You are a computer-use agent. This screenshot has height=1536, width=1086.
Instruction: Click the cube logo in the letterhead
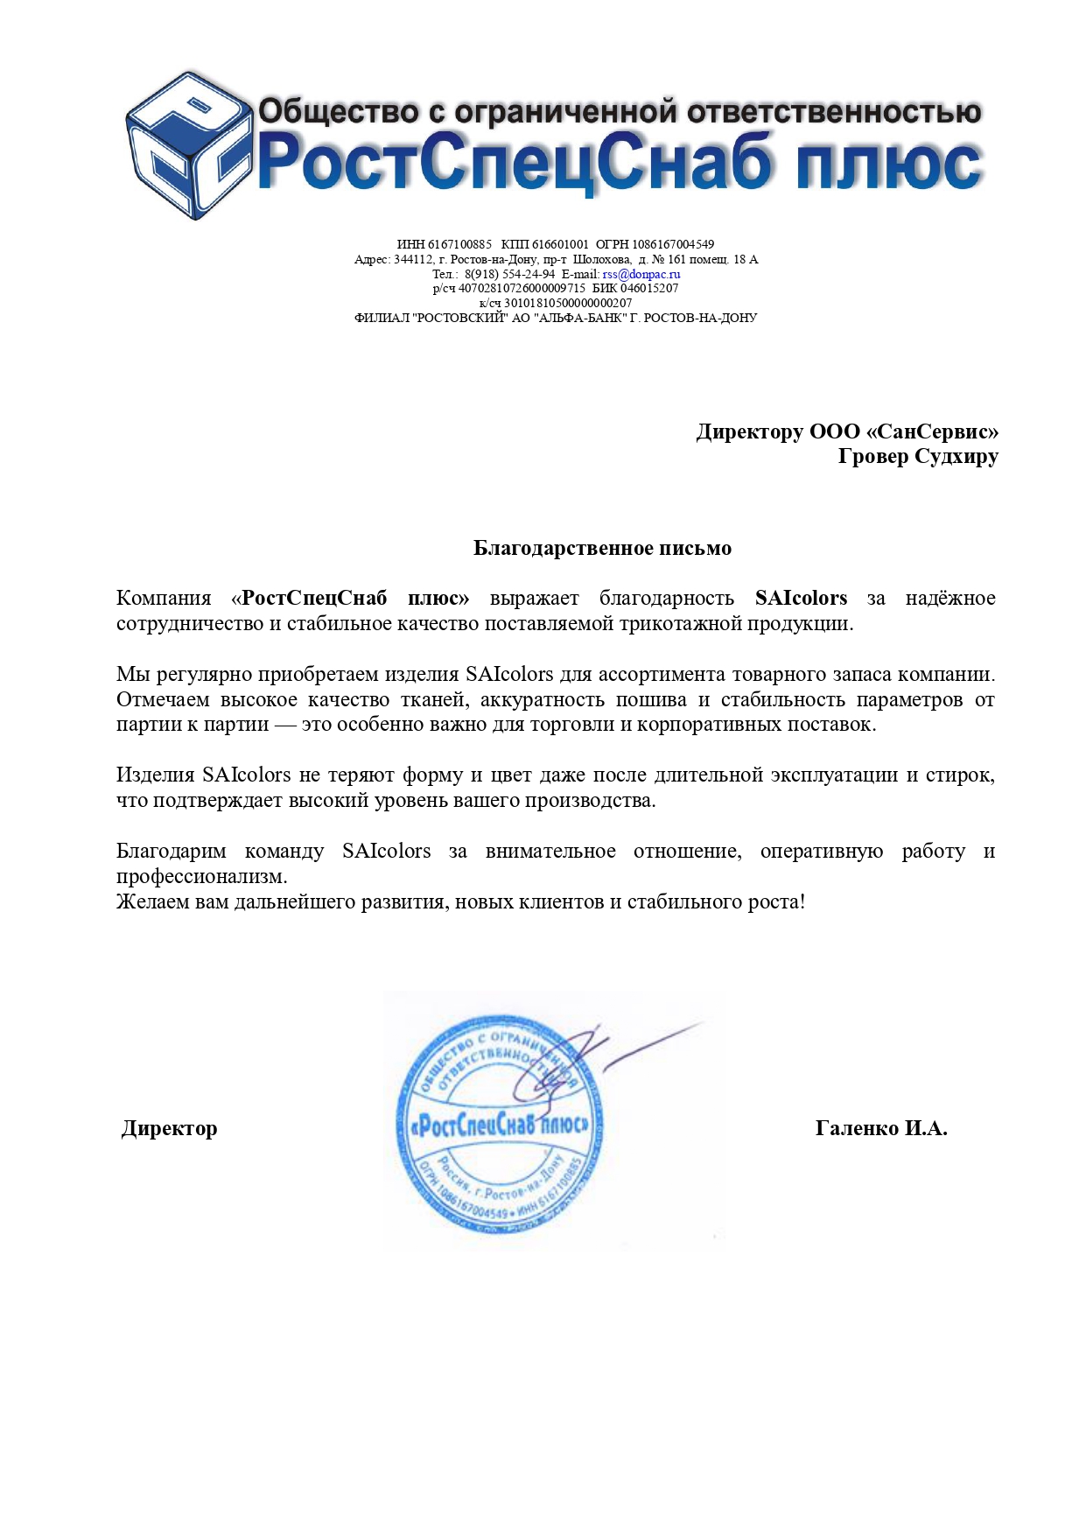tap(186, 145)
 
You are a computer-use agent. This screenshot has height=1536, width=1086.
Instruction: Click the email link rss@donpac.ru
tap(641, 274)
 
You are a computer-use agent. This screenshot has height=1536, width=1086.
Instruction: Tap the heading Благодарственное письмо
tap(602, 548)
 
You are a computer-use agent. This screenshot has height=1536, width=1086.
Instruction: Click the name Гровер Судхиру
tap(917, 456)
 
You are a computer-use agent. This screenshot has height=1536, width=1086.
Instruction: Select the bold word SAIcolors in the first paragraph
tap(801, 598)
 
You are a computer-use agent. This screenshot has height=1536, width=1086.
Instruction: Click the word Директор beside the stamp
tap(169, 1128)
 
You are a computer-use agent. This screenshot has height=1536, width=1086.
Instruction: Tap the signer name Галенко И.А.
tap(880, 1128)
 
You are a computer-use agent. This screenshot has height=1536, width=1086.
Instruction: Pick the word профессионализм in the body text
tap(201, 876)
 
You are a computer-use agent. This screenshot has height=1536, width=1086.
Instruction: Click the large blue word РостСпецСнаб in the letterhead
tap(516, 164)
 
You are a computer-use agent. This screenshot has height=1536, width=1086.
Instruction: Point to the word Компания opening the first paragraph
tap(164, 598)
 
